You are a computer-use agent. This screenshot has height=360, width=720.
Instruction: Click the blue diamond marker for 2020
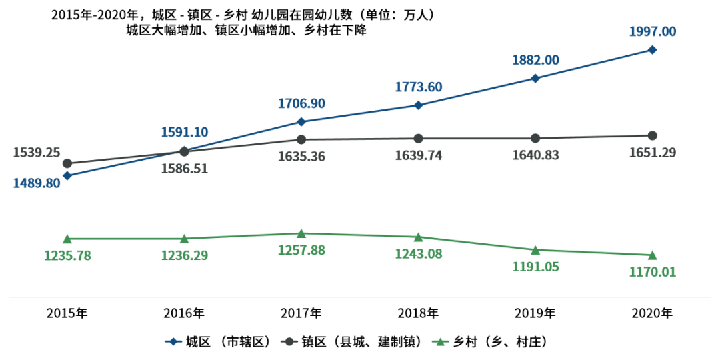coord(652,49)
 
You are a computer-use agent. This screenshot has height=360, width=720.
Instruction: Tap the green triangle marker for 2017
coord(301,233)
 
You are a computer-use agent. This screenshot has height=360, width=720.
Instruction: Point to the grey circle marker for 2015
coord(67,163)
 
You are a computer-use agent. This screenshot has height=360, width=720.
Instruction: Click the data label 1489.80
coord(37,183)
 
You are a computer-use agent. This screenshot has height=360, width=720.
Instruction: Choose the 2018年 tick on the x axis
coord(418,313)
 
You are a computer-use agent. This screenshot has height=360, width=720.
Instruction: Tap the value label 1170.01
coord(653,272)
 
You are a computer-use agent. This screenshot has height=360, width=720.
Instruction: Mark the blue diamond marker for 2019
coord(535,78)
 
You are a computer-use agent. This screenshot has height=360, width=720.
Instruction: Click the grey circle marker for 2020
coord(652,135)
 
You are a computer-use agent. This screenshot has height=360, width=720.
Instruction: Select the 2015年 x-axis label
coord(67,313)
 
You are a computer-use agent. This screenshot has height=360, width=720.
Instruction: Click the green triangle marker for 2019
coord(535,250)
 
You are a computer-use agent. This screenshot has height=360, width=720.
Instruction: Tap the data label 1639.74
coord(418,155)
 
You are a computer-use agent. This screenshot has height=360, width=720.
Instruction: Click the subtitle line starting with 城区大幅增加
coord(246,31)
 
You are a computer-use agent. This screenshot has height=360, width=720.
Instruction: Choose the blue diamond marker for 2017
coord(301,121)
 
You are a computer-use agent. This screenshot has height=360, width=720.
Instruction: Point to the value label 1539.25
coord(37,153)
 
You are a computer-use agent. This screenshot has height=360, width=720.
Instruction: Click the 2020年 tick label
coord(652,313)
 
